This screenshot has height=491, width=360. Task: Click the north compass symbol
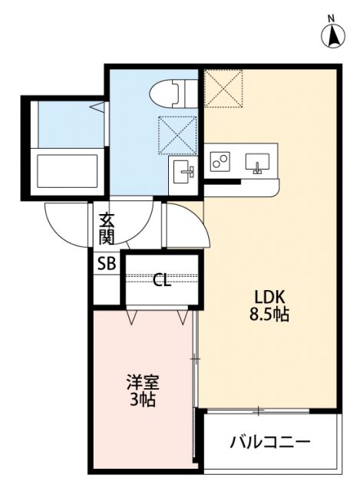(x=331, y=35)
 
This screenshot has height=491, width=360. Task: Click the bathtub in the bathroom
(x=68, y=169)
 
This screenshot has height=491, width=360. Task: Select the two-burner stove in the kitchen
(x=222, y=163)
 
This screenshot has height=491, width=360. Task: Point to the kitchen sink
(x=258, y=163)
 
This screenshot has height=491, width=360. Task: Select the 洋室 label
(x=142, y=382)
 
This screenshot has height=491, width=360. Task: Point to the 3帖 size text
(x=143, y=399)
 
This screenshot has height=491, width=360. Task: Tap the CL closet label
(x=161, y=280)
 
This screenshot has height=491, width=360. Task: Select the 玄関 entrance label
(x=107, y=226)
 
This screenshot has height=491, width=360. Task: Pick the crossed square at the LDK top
(x=223, y=87)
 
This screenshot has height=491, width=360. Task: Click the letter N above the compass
(x=331, y=18)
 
